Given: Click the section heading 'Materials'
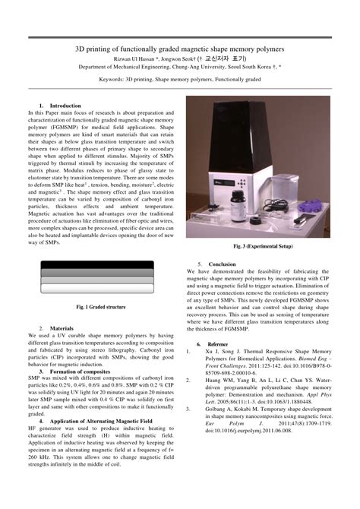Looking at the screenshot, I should pos(62,328).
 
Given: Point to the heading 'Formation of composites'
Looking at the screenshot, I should pos(81,370).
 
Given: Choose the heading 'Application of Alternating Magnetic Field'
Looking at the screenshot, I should pos(99,420).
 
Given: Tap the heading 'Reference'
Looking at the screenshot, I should pos(218,344).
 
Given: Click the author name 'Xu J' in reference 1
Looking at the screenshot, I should pos(213,352).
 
